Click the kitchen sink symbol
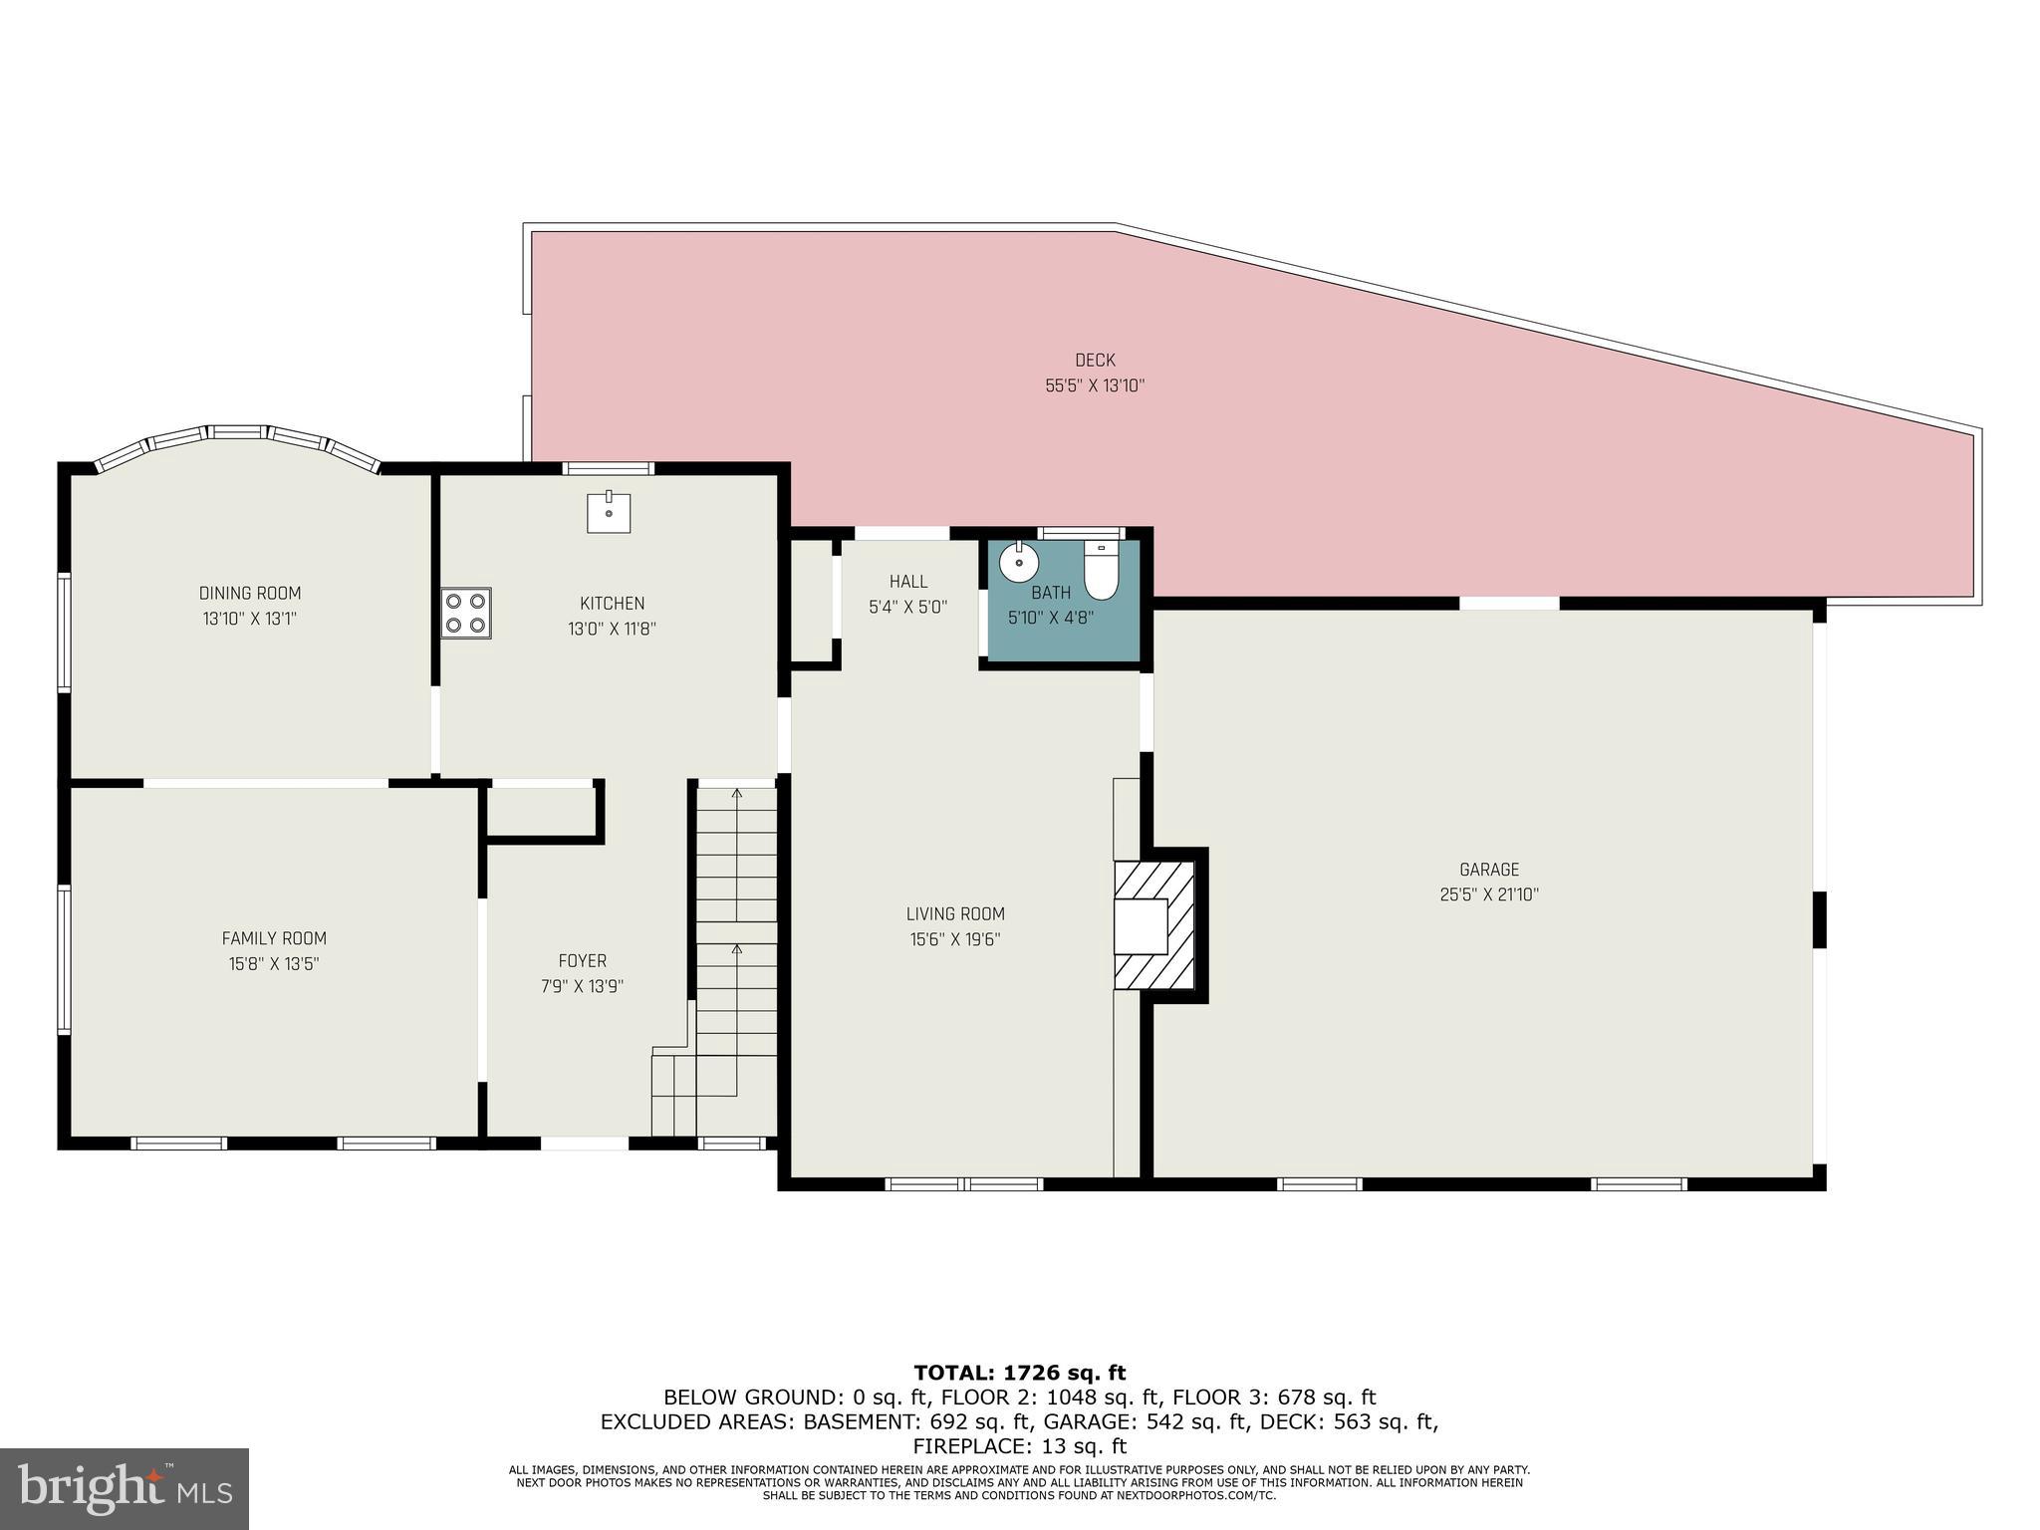pyautogui.click(x=608, y=512)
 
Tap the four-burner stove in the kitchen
pyautogui.click(x=466, y=613)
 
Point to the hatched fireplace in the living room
pyautogui.click(x=1153, y=925)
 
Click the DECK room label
pyautogui.click(x=1094, y=361)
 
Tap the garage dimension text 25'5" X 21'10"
pyautogui.click(x=1488, y=894)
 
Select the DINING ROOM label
pyautogui.click(x=249, y=594)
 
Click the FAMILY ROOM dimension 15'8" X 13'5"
pyautogui.click(x=273, y=964)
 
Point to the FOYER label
pyautogui.click(x=582, y=961)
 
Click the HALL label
pyautogui.click(x=907, y=582)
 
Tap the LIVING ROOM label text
pyautogui.click(x=954, y=913)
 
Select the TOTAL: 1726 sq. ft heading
pyautogui.click(x=1019, y=1373)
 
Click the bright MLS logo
pyautogui.click(x=124, y=1488)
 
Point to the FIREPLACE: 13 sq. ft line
pyautogui.click(x=1019, y=1445)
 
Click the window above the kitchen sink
pyautogui.click(x=608, y=468)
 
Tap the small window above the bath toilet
pyautogui.click(x=1081, y=533)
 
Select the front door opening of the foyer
pyautogui.click(x=585, y=1143)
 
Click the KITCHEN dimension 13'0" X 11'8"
pyautogui.click(x=612, y=630)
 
